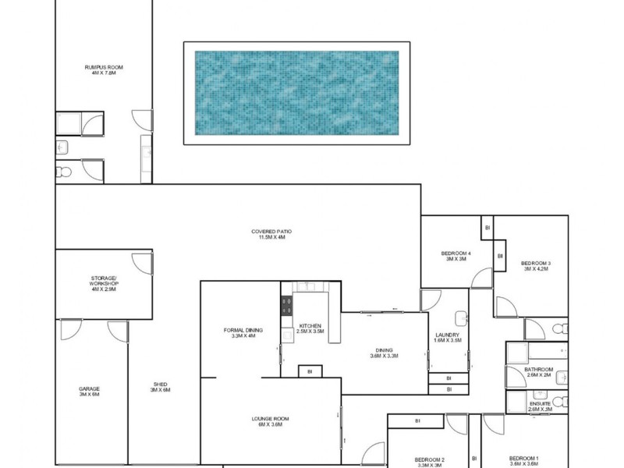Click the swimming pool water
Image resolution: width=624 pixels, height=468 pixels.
[x=296, y=92]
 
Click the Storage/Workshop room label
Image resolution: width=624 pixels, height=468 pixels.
[x=103, y=283]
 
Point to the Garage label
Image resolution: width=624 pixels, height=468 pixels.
[x=89, y=392]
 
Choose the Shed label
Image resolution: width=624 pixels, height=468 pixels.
[x=160, y=387]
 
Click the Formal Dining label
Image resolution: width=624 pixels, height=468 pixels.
[x=243, y=333]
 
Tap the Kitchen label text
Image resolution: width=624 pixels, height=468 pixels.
[x=310, y=328]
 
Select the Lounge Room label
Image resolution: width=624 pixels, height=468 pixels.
[x=271, y=421]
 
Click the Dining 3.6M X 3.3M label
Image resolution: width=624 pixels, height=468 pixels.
[x=384, y=353]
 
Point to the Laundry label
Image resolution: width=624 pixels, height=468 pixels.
[x=448, y=338]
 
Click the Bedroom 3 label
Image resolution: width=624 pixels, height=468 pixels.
[x=537, y=266]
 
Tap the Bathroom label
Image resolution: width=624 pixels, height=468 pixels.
[x=538, y=371]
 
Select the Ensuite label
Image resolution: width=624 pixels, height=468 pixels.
[x=539, y=406]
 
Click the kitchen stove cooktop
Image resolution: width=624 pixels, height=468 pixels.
[x=286, y=307]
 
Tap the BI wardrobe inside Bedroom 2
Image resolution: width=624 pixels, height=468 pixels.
[x=418, y=421]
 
